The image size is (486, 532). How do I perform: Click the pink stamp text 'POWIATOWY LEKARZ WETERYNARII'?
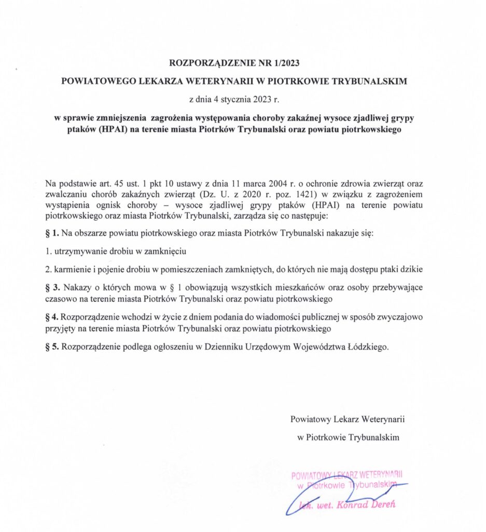(x=347, y=475)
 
